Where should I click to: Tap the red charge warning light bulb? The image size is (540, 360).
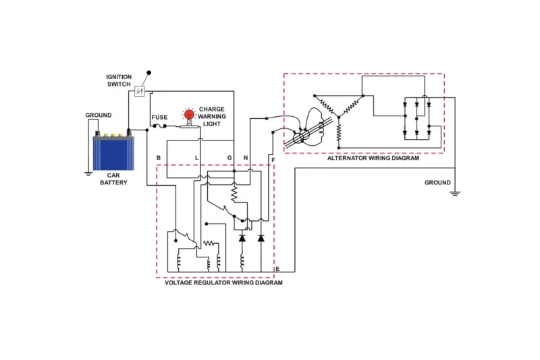(189, 115)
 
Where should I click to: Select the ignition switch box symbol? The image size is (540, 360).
(140, 91)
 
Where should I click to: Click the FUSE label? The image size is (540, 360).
(159, 117)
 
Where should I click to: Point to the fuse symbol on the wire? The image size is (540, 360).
(160, 126)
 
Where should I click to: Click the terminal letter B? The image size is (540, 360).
(158, 158)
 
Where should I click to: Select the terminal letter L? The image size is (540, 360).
(197, 158)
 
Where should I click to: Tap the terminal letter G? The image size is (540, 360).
(230, 158)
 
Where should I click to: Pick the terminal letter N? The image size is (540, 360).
(246, 158)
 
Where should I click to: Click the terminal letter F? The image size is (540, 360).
(273, 159)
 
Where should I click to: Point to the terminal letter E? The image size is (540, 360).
(277, 269)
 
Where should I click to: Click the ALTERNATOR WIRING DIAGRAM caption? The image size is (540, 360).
(373, 158)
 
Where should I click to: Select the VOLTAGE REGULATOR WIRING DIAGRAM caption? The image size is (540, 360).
(223, 282)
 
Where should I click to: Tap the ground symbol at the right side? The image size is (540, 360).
(455, 193)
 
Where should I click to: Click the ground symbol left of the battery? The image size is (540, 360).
(87, 174)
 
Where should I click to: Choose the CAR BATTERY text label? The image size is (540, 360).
(113, 178)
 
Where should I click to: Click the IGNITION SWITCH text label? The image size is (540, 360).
(119, 80)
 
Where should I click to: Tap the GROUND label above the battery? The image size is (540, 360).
(99, 115)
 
